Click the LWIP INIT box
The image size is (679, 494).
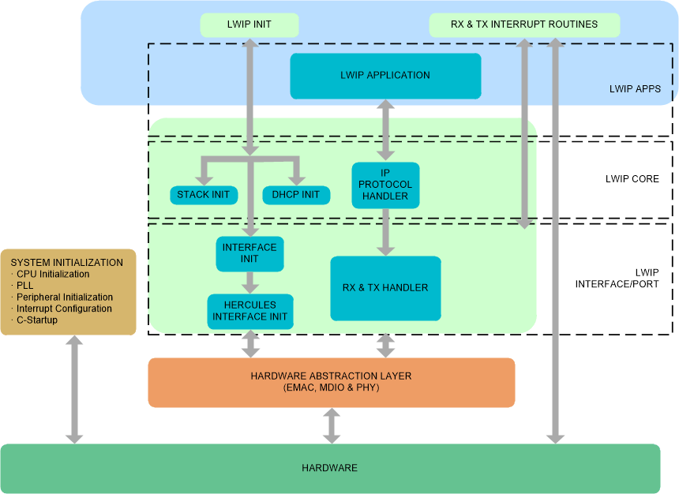click(x=249, y=24)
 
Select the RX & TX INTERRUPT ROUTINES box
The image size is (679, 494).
click(x=523, y=24)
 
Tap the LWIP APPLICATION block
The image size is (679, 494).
click(x=385, y=76)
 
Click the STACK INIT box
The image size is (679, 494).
click(x=204, y=195)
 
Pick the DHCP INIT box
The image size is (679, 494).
click(x=295, y=195)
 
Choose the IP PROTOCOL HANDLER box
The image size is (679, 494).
click(x=385, y=185)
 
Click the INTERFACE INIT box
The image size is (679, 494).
click(x=249, y=253)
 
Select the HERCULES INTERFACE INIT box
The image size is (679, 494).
click(x=250, y=312)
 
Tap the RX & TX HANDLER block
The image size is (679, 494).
click(x=385, y=288)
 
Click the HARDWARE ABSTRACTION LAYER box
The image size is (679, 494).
click(x=331, y=382)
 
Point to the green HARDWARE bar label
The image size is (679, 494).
click(x=329, y=468)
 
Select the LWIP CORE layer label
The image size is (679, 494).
click(x=632, y=179)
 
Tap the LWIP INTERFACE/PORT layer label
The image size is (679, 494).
click(x=628, y=279)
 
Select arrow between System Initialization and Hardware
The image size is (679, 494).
click(x=74, y=389)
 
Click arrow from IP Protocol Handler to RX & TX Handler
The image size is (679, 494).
click(x=385, y=231)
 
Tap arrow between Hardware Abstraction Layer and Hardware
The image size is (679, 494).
click(x=332, y=426)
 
